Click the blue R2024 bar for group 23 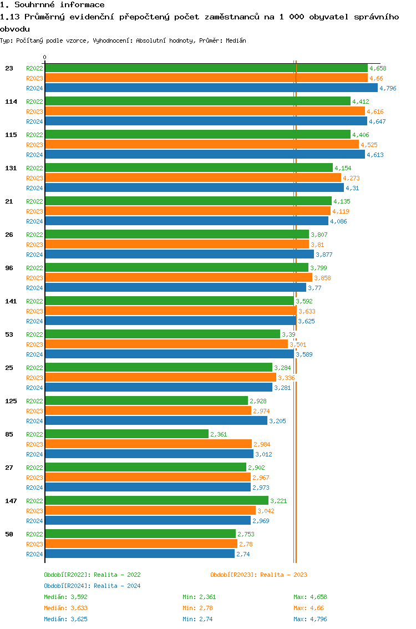click(211, 88)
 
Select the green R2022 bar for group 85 click(126, 434)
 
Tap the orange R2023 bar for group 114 click(205, 111)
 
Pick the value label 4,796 click(388, 88)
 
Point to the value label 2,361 click(219, 434)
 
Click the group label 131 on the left click(11, 168)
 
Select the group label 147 click(11, 501)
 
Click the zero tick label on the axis click(45, 57)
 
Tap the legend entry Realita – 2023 click(258, 575)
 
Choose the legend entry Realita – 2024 click(92, 586)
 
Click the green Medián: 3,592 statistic click(65, 597)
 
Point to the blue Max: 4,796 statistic click(310, 619)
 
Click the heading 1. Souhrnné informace click(52, 5)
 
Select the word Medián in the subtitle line click(236, 40)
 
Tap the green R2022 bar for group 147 click(156, 500)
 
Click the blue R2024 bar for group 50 click(140, 554)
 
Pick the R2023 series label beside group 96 click(34, 278)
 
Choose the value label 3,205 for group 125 click(277, 421)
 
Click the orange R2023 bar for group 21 click(187, 211)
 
